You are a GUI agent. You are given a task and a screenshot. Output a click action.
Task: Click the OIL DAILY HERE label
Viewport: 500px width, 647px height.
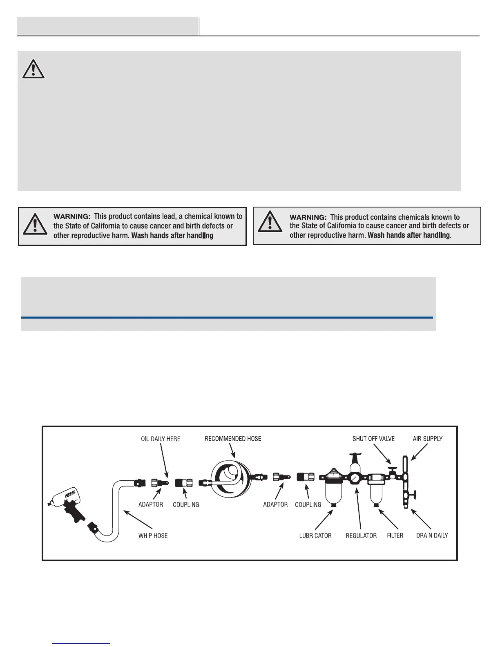161,439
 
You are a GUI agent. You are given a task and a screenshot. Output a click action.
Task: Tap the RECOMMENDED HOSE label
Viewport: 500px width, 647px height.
233,439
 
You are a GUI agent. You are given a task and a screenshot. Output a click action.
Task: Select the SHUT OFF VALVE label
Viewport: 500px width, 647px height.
373,439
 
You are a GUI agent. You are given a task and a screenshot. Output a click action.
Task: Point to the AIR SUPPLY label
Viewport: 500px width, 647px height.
428,439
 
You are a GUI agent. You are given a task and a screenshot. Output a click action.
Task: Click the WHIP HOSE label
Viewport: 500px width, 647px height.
153,535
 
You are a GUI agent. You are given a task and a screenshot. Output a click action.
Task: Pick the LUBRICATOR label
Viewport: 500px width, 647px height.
315,535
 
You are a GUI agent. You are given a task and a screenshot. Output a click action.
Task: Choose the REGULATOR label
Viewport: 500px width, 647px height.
361,535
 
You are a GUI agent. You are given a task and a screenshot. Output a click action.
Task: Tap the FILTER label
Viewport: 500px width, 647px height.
395,535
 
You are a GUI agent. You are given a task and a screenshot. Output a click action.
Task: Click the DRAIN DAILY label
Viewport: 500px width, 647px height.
432,535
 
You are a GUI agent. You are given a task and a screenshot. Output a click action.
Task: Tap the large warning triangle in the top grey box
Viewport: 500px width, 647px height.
33,69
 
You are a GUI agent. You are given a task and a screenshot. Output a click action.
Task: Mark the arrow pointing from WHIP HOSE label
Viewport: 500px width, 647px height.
138,519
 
